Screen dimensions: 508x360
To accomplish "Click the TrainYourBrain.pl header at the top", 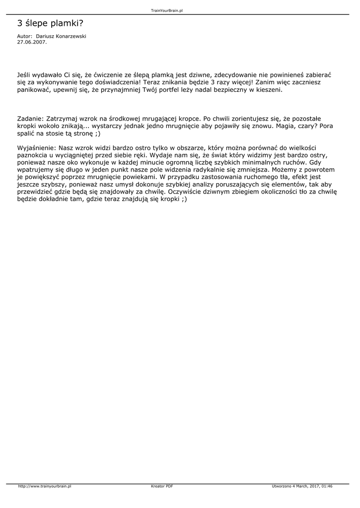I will pyautogui.click(x=170, y=10).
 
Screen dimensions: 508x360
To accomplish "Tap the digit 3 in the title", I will pyautogui.click(x=20, y=23).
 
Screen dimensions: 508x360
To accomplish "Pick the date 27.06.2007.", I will pyautogui.click(x=32, y=42).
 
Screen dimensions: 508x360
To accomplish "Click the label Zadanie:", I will pyautogui.click(x=30, y=119).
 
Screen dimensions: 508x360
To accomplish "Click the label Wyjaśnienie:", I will pyautogui.click(x=37, y=148).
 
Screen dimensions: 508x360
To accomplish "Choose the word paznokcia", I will pyautogui.click(x=32, y=155).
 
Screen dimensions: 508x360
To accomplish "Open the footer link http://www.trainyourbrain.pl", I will pyautogui.click(x=45, y=486).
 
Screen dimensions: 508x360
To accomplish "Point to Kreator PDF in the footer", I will pyautogui.click(x=162, y=486).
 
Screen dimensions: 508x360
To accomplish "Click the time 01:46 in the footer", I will pyautogui.click(x=327, y=486).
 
